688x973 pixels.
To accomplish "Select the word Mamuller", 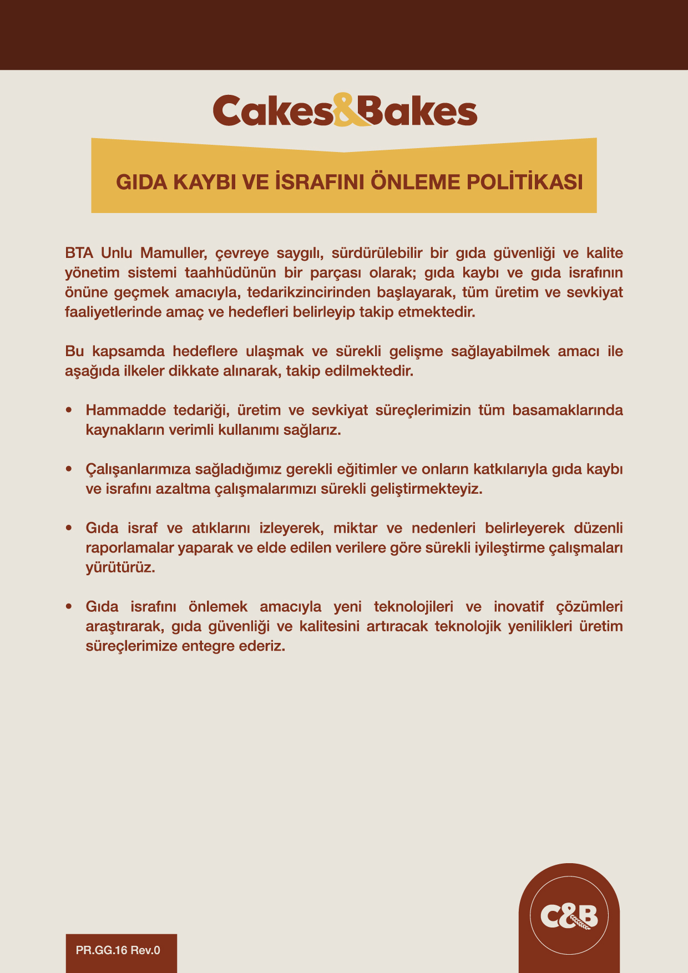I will (174, 254).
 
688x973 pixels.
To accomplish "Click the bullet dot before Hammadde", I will (69, 411).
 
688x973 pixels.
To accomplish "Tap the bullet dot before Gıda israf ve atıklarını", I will (69, 528).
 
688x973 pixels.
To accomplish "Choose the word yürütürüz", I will (120, 568).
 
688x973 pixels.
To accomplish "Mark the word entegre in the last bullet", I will (207, 646).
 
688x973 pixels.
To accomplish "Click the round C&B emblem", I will (569, 915).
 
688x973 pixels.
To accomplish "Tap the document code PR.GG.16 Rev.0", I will (118, 950).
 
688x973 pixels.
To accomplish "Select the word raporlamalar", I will (130, 548).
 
